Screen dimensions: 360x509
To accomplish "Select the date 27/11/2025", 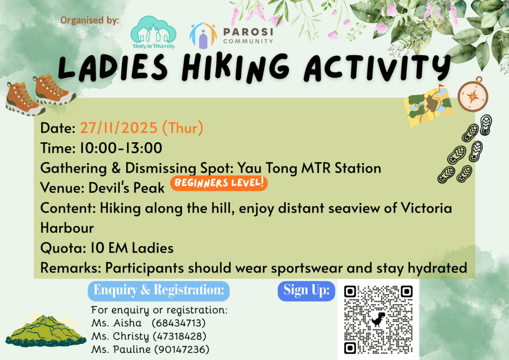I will tap(119, 128).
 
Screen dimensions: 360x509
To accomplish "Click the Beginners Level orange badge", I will tap(219, 183).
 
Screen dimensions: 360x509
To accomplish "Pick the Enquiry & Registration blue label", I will tap(159, 290).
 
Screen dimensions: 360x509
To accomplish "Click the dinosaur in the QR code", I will tap(378, 319).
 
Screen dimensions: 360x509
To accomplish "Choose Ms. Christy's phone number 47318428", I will tap(179, 337).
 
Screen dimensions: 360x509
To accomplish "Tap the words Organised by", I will tap(90, 21).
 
